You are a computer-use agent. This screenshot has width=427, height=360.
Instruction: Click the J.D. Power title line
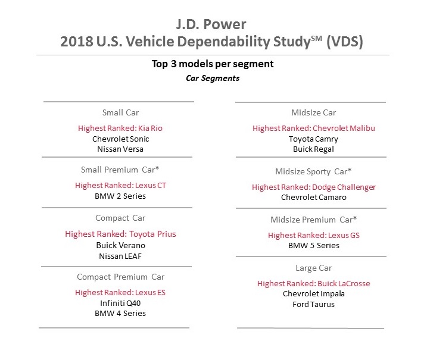[213, 26]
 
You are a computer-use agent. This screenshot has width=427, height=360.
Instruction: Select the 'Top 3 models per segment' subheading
[213, 65]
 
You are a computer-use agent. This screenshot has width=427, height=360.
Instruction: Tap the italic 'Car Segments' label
[213, 78]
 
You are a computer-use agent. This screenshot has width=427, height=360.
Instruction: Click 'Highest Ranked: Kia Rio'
[120, 128]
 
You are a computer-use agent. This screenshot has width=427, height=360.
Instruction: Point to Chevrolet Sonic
[120, 138]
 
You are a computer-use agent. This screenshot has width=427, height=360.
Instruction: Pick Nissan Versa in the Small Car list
[120, 149]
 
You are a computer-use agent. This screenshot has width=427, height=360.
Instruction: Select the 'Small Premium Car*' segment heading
[120, 170]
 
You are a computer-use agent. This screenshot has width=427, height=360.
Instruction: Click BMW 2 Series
[120, 196]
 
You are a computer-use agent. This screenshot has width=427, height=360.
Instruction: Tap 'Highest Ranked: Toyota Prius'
[120, 234]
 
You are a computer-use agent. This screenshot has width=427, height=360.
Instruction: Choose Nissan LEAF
[120, 256]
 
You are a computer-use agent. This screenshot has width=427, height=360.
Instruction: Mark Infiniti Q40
[120, 302]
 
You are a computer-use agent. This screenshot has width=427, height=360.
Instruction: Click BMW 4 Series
[120, 313]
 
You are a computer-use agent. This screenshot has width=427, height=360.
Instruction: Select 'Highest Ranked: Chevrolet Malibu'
[314, 128]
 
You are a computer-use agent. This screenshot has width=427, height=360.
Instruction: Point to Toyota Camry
[314, 139]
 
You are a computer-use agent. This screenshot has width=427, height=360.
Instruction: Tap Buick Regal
[314, 149]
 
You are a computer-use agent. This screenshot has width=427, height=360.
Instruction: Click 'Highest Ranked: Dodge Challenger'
[314, 187]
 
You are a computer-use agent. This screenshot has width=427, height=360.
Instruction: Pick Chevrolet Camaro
[314, 197]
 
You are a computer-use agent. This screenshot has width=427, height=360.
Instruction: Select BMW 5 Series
[314, 245]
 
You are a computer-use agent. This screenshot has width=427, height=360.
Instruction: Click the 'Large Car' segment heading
[314, 268]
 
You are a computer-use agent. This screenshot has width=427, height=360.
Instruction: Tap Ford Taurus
[314, 304]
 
